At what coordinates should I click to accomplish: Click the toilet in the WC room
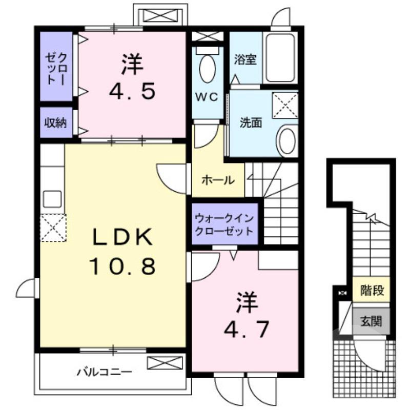point(208,68)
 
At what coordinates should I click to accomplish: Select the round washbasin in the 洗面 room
point(286,141)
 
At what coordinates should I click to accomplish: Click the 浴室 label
point(245,59)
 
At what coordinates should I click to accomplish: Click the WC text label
point(207,96)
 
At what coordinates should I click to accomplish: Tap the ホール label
point(218,180)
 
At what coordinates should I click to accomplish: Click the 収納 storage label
point(55,123)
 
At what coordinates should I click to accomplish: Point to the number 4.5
point(132,92)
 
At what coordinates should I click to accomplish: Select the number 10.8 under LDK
point(122,266)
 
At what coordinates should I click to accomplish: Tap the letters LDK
point(122,237)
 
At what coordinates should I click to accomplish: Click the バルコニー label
point(105,371)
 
